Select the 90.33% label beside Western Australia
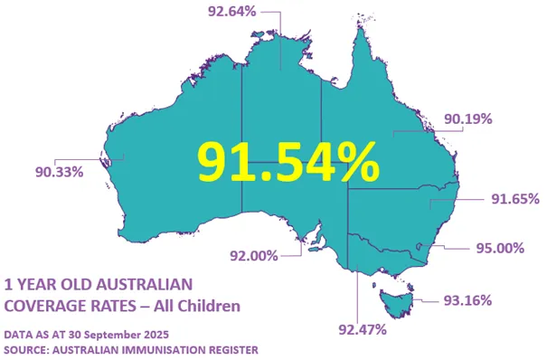tap(60, 171)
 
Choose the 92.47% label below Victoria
tap(362, 329)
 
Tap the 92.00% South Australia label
tap(252, 256)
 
